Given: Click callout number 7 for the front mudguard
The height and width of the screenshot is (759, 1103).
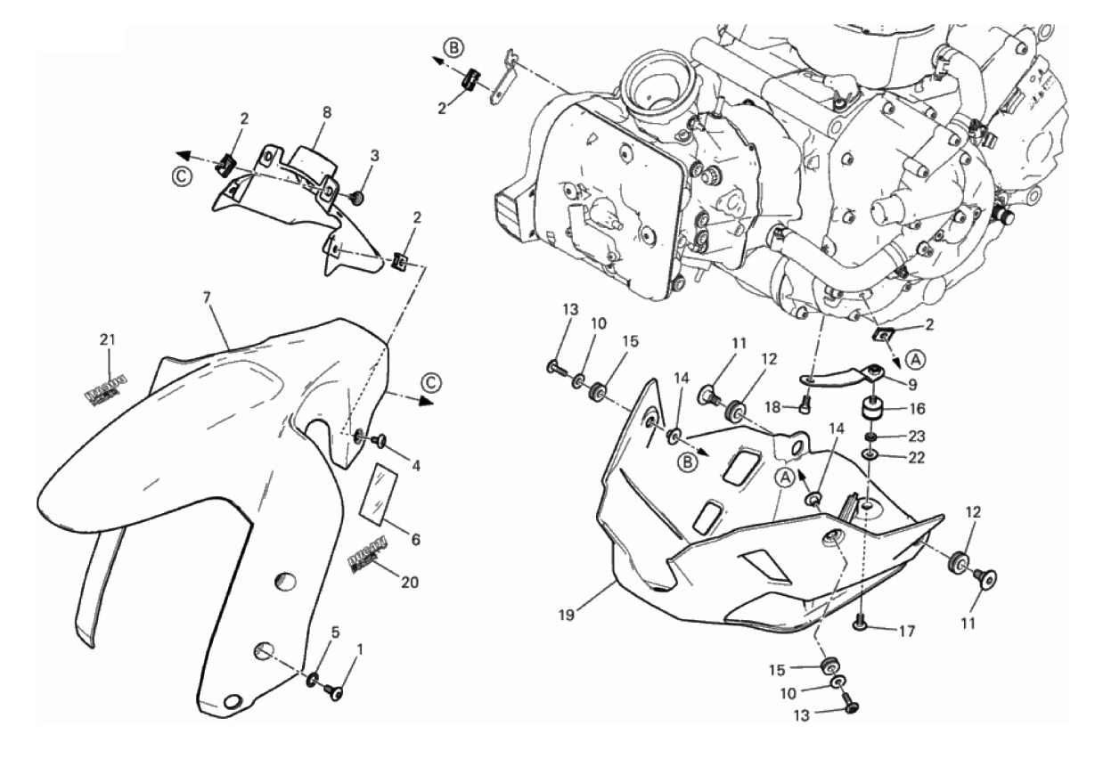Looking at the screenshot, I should (x=207, y=295).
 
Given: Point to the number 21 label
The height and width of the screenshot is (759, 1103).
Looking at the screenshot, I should (x=108, y=339).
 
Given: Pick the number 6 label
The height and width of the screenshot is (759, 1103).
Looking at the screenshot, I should (x=414, y=540).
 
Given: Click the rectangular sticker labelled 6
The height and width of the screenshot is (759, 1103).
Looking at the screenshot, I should (x=378, y=491).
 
